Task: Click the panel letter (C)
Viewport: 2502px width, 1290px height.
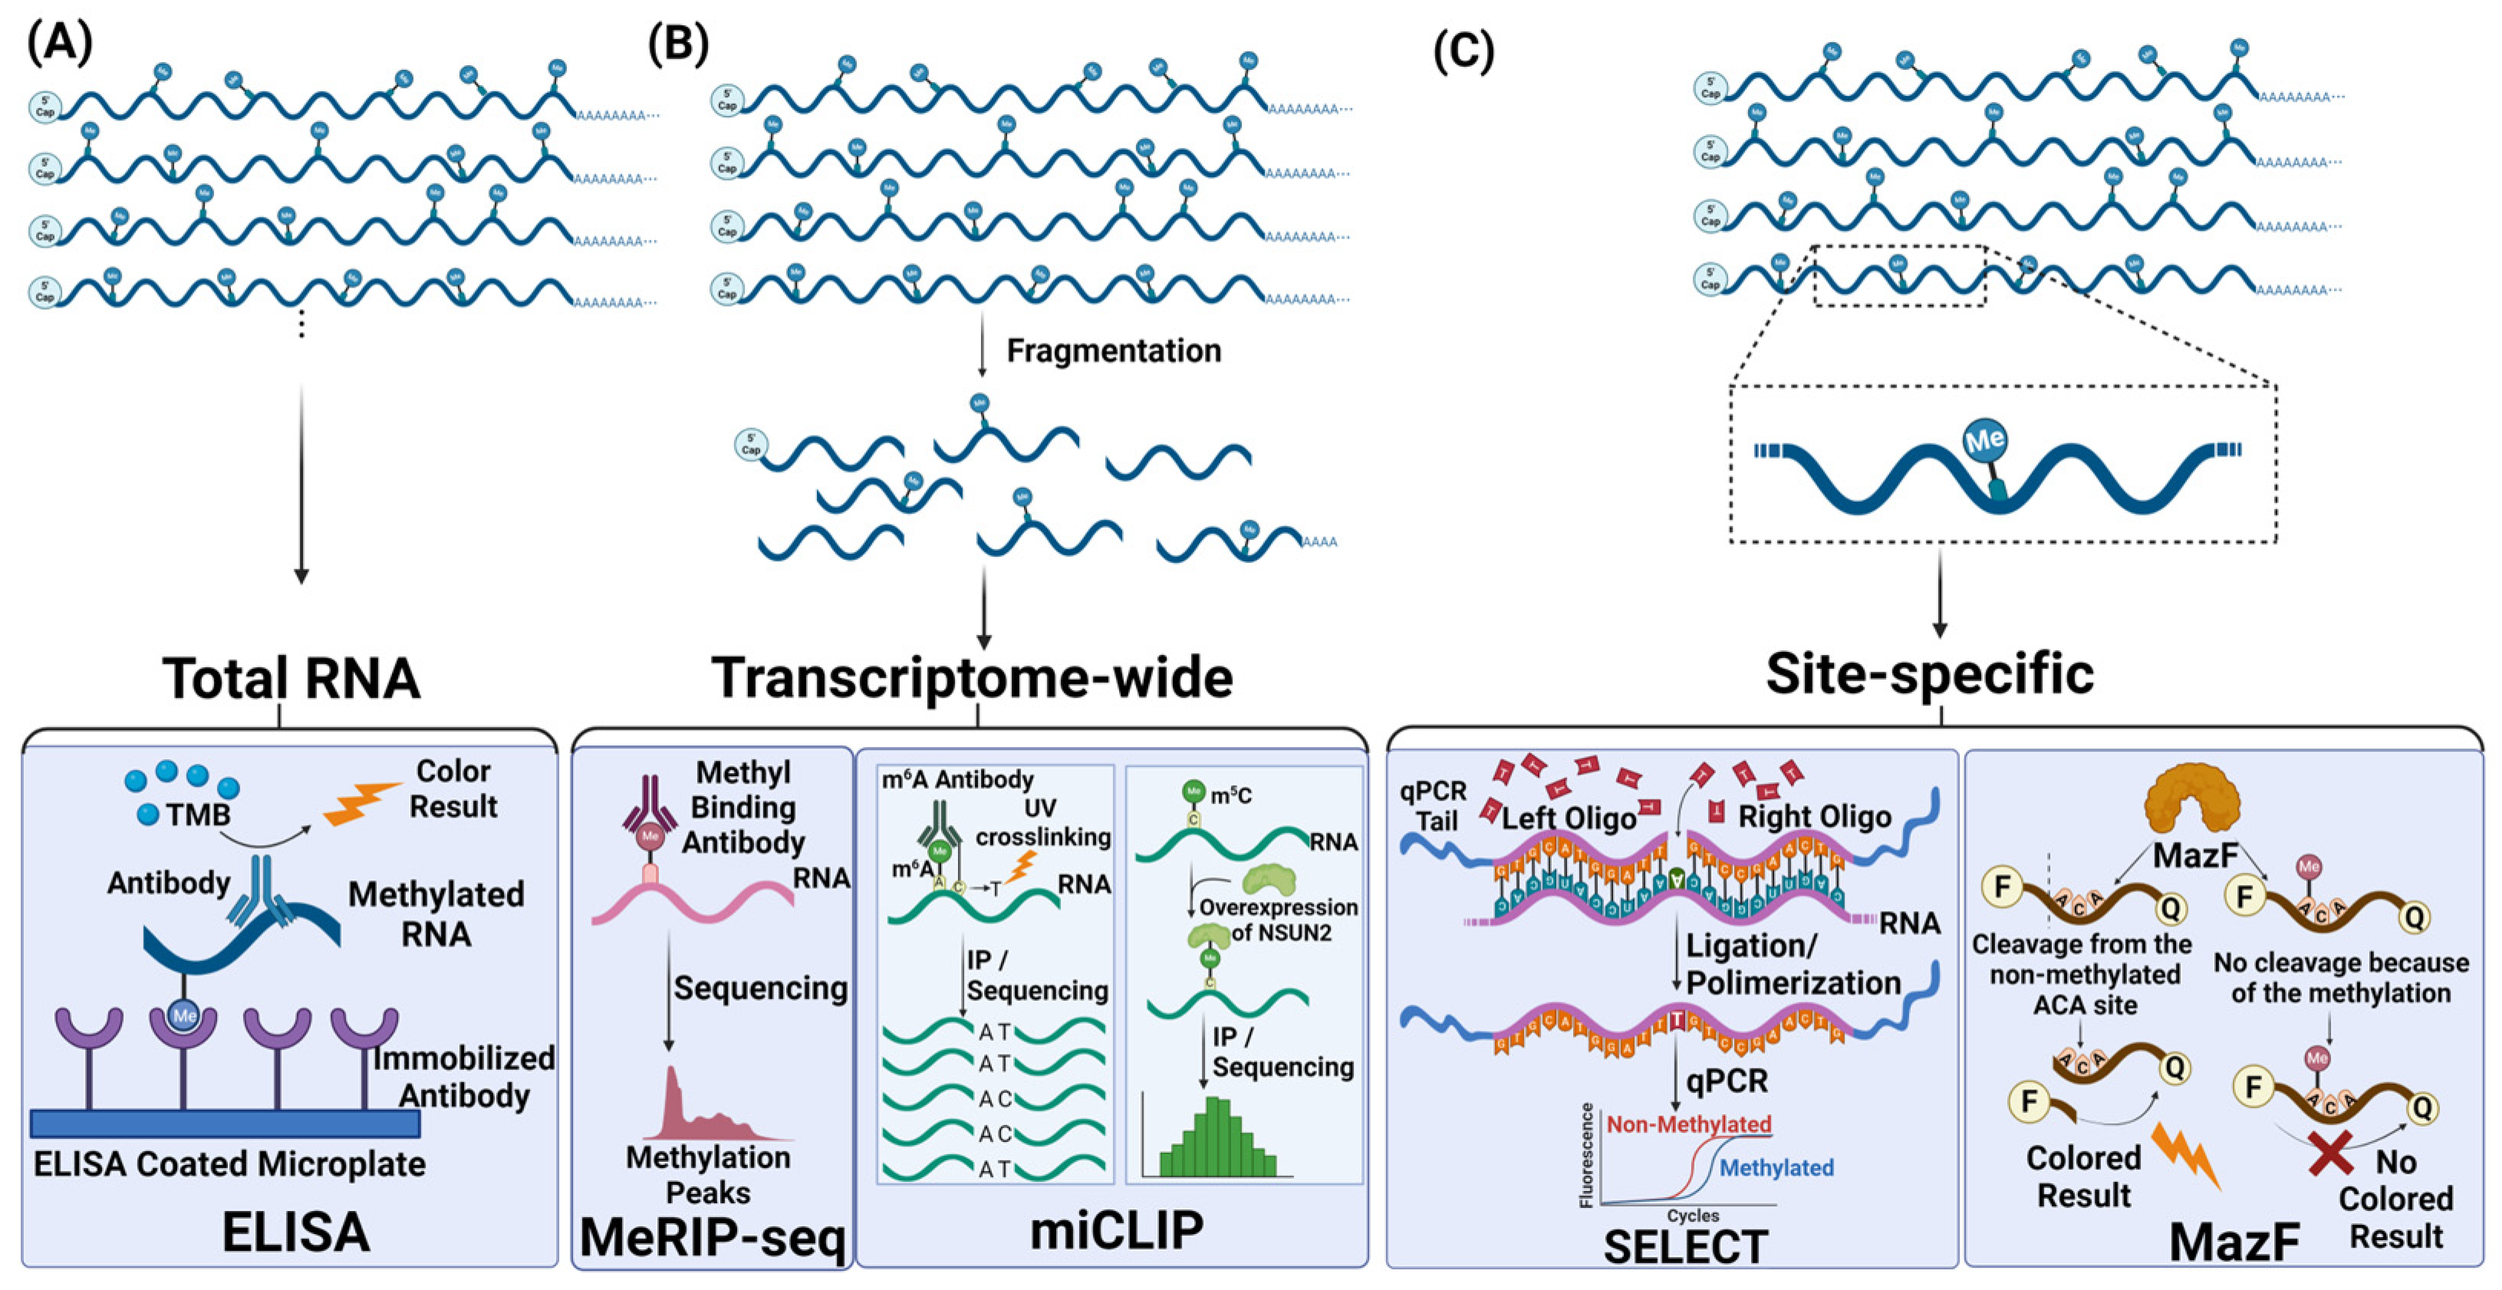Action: [1463, 50]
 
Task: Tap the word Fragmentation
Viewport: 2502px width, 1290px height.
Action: [1113, 350]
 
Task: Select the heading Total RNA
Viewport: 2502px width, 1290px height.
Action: [291, 678]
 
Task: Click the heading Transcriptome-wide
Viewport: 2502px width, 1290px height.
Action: [973, 677]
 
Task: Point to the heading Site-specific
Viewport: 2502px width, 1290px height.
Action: [1929, 674]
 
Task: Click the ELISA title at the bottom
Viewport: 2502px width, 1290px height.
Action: [295, 1232]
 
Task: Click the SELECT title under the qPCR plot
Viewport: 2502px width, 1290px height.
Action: [1684, 1247]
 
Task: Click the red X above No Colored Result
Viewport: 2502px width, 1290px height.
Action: [2330, 1153]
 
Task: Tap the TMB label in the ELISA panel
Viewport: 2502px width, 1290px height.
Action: [197, 814]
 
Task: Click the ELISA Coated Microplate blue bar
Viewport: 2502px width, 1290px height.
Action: [226, 1124]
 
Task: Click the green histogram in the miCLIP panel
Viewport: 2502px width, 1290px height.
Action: [1218, 1138]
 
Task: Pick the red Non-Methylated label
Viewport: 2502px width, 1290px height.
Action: [1688, 1124]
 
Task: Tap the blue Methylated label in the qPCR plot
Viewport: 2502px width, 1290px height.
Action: [1776, 1167]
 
